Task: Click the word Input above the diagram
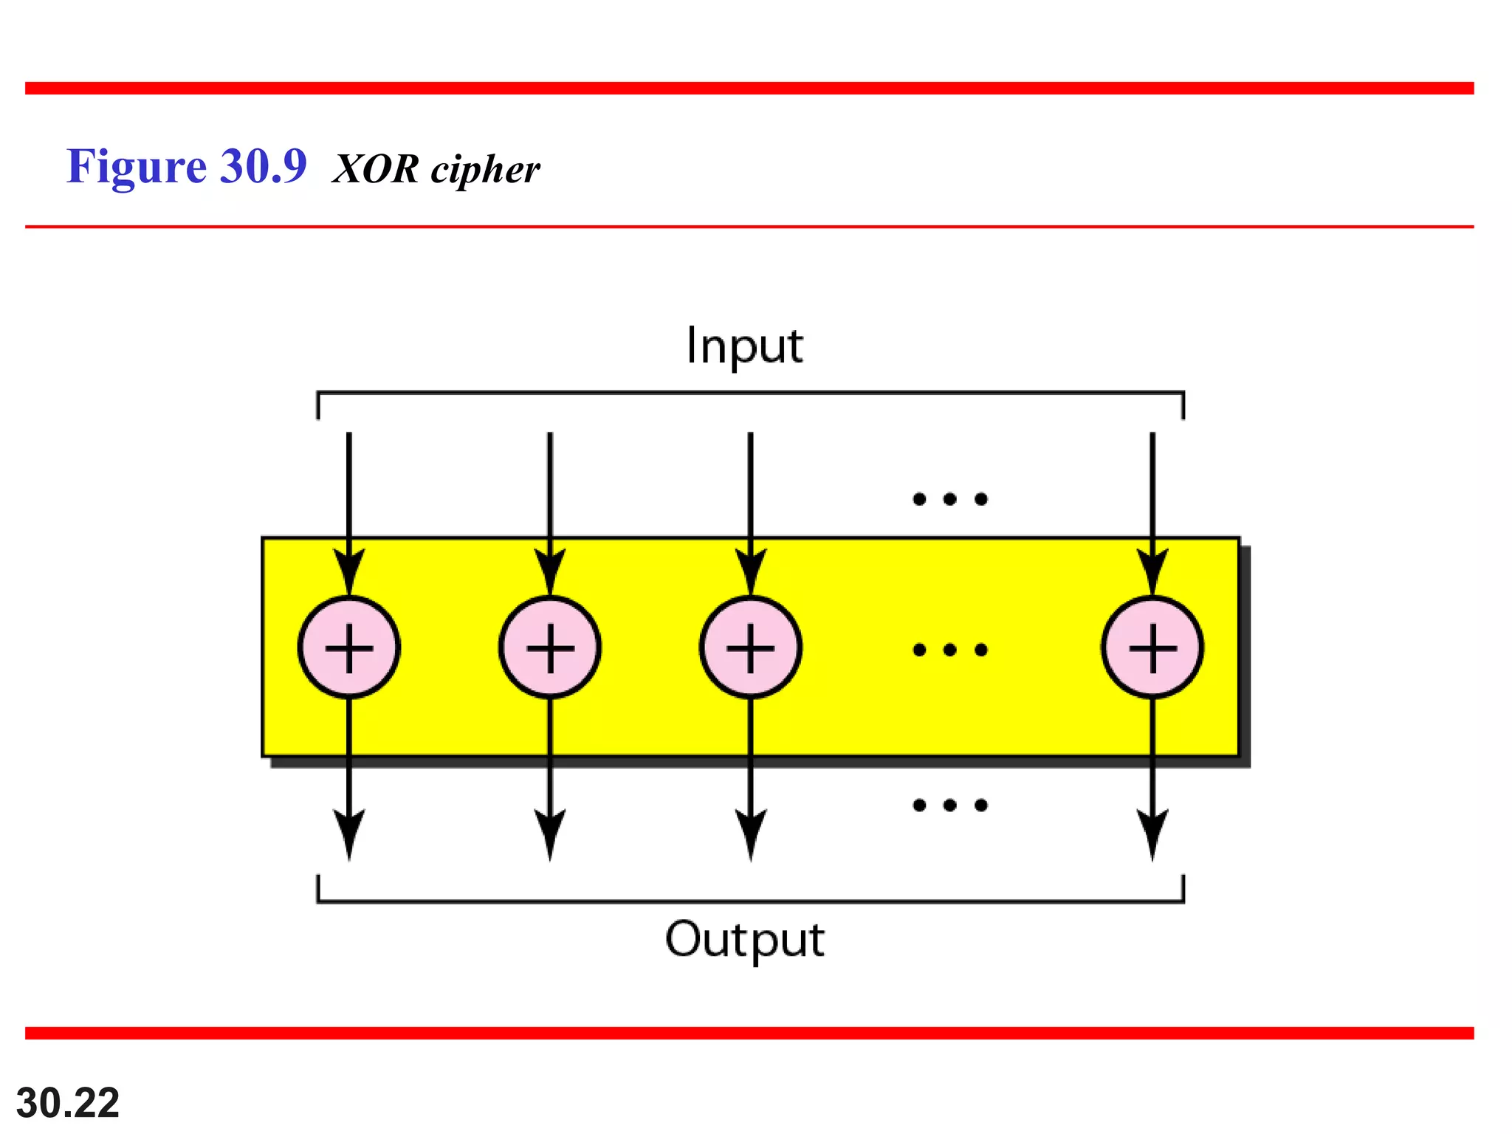pos(744,346)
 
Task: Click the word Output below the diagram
pos(744,939)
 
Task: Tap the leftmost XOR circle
pos(349,647)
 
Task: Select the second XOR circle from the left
pos(550,647)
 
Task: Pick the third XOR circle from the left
pos(751,647)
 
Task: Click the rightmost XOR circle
pos(1152,647)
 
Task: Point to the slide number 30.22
pos(68,1103)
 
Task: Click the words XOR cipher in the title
pos(436,169)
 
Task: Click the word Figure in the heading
pos(137,167)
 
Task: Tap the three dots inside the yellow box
pos(950,650)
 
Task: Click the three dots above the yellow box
pos(950,499)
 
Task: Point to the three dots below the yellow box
pos(950,805)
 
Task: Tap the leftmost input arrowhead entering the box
pos(349,571)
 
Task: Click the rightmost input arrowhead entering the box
pos(1152,571)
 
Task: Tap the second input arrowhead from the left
pos(550,571)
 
